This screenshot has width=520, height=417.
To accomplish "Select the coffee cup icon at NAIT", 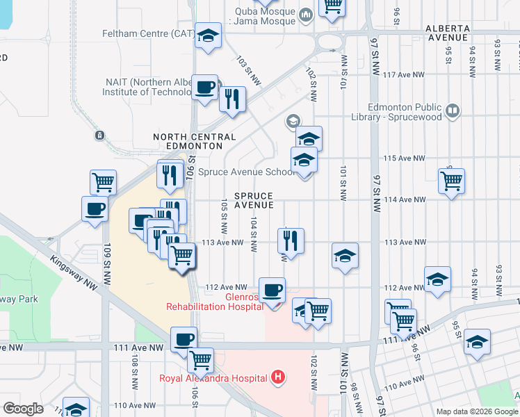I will coord(204,88).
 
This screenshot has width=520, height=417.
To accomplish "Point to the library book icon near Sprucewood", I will coord(453,110).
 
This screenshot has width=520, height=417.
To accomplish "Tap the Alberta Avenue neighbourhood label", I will coord(457,33).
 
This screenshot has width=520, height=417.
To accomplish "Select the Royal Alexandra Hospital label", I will coord(213,378).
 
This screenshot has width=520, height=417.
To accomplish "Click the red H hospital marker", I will coord(278,378).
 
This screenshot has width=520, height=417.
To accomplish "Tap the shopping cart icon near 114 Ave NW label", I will coord(452,181).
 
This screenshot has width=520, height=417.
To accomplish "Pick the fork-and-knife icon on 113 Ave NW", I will coord(290,240).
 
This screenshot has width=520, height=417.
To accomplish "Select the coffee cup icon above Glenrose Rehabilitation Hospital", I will coord(272,289).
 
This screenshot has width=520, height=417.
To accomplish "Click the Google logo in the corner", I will coord(23,409).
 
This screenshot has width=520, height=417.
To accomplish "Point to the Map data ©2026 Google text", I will coord(476,411).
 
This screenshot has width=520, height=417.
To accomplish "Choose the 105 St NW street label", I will coord(224,216).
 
